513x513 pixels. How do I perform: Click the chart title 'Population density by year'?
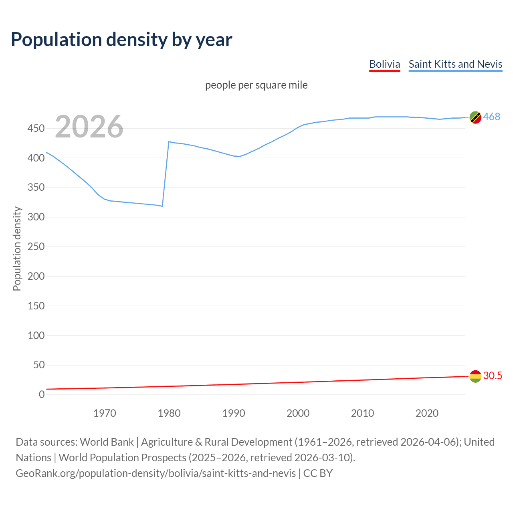tap(121, 39)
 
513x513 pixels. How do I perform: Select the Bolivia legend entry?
tap(384, 64)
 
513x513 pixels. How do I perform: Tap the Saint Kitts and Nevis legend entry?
tap(455, 64)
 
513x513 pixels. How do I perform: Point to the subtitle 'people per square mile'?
tap(256, 85)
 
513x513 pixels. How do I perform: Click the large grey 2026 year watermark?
tap(89, 127)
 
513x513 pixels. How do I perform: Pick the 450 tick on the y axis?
tap(36, 129)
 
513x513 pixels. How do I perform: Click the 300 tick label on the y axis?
tap(36, 217)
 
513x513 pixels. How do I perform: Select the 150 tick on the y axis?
tap(36, 306)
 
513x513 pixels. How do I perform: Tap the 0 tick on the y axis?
tap(42, 394)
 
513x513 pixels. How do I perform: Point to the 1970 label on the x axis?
tap(105, 413)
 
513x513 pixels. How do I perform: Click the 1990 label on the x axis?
tap(234, 413)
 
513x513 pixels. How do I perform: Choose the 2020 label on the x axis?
tap(427, 413)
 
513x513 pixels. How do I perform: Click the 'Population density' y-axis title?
tap(17, 248)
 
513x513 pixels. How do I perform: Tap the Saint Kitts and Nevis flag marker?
tap(475, 117)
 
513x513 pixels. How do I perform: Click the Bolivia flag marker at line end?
tap(475, 376)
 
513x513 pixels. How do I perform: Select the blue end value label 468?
tap(491, 117)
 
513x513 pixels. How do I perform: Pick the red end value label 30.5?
tap(493, 376)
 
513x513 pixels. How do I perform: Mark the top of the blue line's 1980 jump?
tap(169, 142)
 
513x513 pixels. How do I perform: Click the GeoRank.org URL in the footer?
tap(156, 473)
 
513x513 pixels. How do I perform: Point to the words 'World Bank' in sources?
tap(107, 442)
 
